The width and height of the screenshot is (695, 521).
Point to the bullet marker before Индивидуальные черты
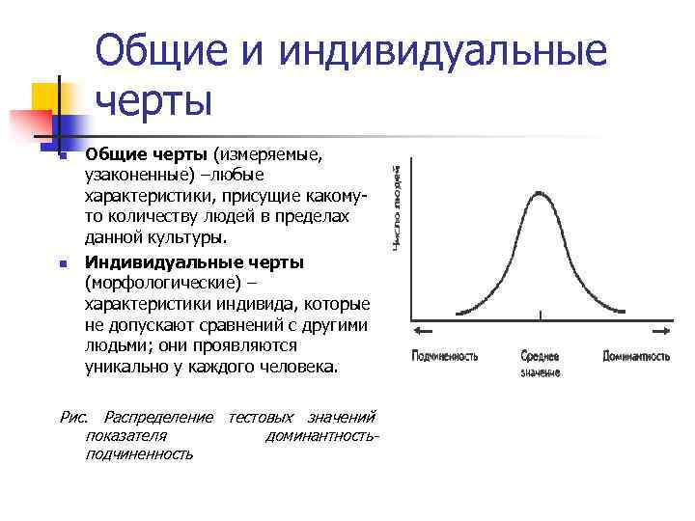(x=61, y=263)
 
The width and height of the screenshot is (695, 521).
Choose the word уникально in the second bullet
(x=130, y=367)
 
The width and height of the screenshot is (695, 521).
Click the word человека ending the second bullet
(x=293, y=367)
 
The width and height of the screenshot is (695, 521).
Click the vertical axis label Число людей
(x=397, y=208)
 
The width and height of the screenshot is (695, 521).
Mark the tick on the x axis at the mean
(x=541, y=315)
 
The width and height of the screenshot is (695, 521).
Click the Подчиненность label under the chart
(x=445, y=356)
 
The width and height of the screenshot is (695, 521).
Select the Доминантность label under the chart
(x=636, y=356)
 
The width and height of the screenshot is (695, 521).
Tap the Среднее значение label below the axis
(x=541, y=364)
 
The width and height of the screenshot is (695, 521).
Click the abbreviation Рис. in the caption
(x=73, y=417)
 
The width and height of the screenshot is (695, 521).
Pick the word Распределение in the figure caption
(x=158, y=417)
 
